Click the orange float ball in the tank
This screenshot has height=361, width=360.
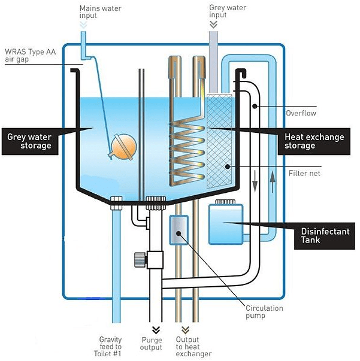(124, 145)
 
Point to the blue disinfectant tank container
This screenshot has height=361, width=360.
(225, 224)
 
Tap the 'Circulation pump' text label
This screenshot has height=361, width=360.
(265, 312)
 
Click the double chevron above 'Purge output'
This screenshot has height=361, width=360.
(156, 329)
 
